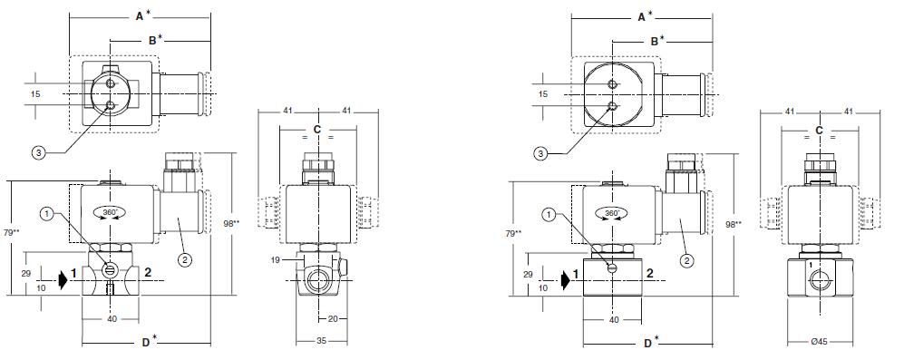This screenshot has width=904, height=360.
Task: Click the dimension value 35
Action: tap(322, 341)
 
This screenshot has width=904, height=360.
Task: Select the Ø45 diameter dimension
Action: tap(819, 341)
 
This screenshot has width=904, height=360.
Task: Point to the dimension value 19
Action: tap(277, 260)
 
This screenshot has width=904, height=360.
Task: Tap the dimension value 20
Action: tap(333, 318)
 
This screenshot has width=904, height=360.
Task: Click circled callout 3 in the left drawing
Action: tap(39, 153)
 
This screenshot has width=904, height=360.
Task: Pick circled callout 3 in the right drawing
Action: tap(540, 153)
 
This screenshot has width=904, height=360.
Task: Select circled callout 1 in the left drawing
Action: tap(48, 214)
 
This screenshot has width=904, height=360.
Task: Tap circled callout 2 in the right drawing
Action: tap(686, 261)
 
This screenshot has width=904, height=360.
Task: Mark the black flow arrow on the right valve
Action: tap(565, 279)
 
